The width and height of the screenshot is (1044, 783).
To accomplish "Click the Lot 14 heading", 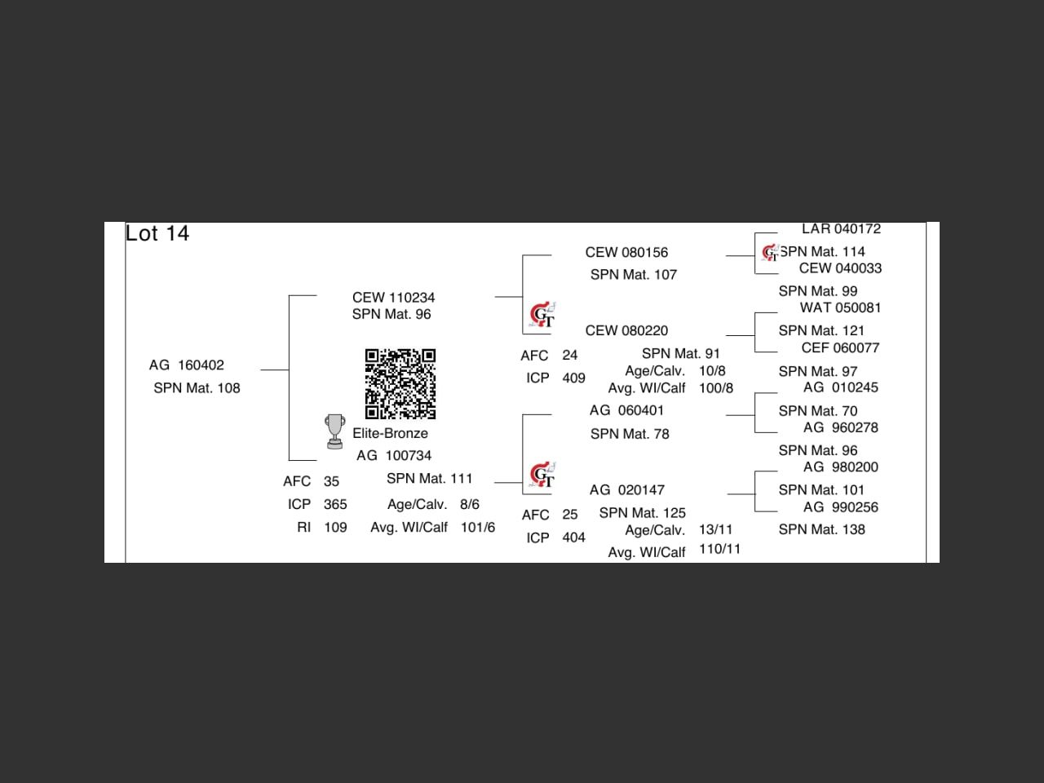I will click(157, 233).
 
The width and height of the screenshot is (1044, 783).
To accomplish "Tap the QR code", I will click(400, 383).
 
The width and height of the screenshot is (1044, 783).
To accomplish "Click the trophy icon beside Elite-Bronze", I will click(334, 431).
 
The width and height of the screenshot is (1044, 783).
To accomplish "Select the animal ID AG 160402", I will click(187, 365).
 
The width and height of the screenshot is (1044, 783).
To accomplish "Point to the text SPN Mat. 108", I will click(197, 388).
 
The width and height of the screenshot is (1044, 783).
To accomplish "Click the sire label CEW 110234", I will click(393, 298).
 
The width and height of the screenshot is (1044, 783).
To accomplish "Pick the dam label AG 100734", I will click(394, 456).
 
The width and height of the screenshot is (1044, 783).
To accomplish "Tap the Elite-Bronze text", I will click(390, 433).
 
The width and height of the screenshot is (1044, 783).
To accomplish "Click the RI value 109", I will click(335, 528).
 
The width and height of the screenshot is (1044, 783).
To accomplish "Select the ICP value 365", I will click(335, 505).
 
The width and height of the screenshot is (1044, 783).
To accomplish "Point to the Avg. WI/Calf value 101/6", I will click(478, 528).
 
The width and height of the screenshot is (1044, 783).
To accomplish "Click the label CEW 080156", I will click(626, 253).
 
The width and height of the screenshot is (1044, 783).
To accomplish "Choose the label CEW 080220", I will click(626, 331).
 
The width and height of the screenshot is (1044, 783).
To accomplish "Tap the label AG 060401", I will click(626, 411).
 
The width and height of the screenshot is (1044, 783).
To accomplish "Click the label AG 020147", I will click(626, 490).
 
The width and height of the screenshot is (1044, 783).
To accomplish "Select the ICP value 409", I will click(573, 378).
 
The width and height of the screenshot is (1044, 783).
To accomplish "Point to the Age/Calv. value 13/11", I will click(715, 530).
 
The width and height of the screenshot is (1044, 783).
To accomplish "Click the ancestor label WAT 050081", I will click(840, 308).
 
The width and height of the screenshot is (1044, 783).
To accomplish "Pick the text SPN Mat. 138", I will click(821, 529).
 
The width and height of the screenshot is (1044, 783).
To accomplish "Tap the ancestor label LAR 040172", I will click(841, 229).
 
